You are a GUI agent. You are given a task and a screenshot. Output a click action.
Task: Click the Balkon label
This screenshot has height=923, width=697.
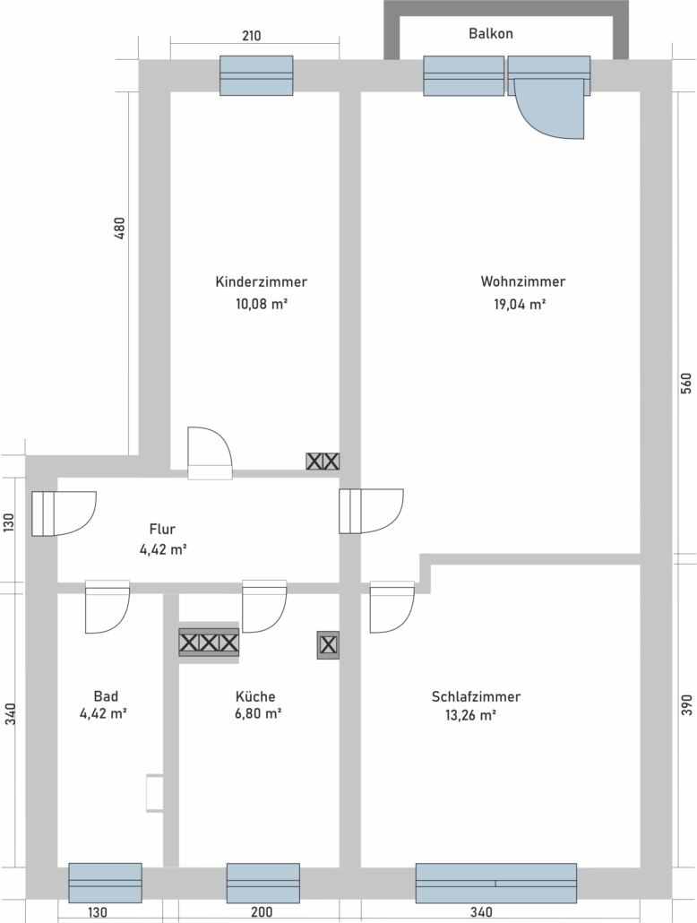[x=490, y=33]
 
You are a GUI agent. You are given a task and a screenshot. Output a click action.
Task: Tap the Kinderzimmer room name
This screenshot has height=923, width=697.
[x=261, y=281]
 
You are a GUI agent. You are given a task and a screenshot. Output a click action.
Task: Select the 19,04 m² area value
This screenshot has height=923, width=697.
[x=520, y=305]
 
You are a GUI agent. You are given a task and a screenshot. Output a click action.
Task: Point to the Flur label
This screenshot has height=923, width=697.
[x=162, y=529]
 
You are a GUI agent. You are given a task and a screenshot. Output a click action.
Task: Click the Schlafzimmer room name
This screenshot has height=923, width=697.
[x=476, y=696]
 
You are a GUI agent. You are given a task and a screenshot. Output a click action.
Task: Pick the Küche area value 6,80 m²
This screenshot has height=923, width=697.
[x=257, y=714]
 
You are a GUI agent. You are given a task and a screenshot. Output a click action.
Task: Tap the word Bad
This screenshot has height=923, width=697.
[x=106, y=696]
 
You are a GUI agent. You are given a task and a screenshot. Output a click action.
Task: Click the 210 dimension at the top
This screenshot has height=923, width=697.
[x=252, y=36]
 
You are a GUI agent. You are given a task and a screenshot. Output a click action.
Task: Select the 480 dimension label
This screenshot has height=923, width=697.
[x=119, y=229]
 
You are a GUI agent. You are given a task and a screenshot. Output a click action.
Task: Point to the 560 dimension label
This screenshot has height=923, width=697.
[x=686, y=384]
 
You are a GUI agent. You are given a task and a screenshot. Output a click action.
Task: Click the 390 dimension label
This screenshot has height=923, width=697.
[x=686, y=704]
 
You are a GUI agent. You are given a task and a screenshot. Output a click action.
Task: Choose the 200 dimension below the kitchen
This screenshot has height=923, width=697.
[x=262, y=912]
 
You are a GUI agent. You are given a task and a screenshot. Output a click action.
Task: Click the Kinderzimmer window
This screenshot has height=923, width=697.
[x=256, y=75]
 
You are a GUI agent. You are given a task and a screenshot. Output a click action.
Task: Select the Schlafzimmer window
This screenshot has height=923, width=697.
[x=495, y=883]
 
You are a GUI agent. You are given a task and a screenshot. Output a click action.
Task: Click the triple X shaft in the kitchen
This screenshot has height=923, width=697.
[x=209, y=643]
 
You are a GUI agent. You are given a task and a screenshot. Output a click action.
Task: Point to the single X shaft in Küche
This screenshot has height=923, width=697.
[x=328, y=645]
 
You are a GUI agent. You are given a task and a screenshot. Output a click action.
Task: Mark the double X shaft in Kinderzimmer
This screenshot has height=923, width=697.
[x=323, y=461]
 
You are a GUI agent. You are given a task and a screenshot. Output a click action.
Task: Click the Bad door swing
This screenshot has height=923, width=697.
[x=108, y=607]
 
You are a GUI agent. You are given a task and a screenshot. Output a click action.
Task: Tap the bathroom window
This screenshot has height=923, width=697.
[x=106, y=883]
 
